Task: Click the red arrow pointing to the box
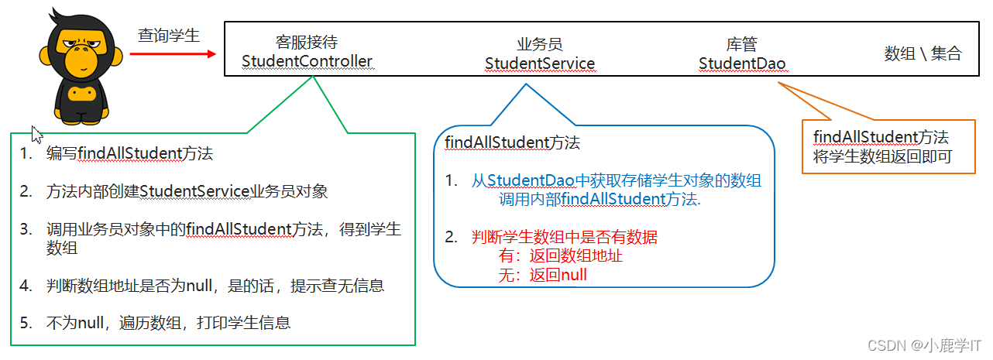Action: tap(172, 53)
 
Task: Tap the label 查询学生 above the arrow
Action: tap(169, 35)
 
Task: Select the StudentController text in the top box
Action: tap(307, 60)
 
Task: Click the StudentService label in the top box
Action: tap(540, 63)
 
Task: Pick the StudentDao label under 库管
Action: tap(742, 63)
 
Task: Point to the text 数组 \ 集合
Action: tap(923, 53)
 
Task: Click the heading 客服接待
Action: tap(307, 42)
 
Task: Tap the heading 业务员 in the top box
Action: tap(540, 44)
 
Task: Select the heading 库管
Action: tap(741, 44)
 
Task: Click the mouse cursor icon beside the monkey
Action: tap(36, 132)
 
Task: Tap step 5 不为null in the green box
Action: tap(168, 323)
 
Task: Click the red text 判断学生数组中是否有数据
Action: tap(565, 237)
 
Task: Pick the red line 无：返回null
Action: tap(542, 274)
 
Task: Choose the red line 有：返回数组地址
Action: tap(561, 255)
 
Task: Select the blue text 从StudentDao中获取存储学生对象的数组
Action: tap(617, 181)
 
